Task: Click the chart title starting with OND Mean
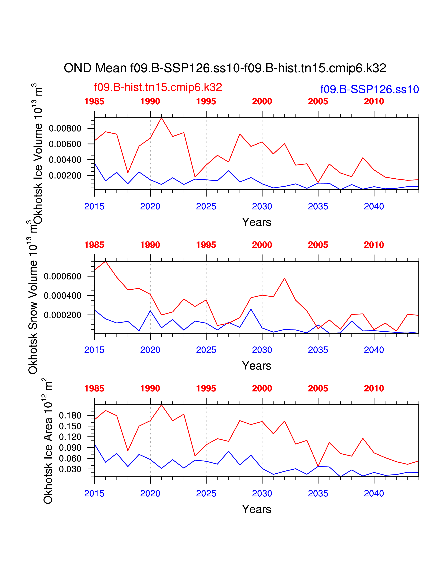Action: [225, 68]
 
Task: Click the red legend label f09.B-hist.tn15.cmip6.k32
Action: [158, 87]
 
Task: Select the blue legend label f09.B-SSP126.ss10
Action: [369, 90]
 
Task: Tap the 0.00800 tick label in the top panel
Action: [65, 128]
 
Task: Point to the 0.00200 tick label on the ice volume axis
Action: [65, 175]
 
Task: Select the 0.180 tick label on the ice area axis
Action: [70, 415]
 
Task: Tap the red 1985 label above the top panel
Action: [94, 101]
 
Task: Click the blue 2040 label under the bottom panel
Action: [374, 493]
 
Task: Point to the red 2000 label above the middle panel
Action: [262, 245]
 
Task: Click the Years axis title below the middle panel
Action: [257, 366]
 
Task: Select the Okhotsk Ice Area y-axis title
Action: [48, 442]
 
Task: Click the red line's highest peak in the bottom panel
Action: [161, 405]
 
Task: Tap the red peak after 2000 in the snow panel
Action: [284, 278]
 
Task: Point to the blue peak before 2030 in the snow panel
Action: [251, 309]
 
